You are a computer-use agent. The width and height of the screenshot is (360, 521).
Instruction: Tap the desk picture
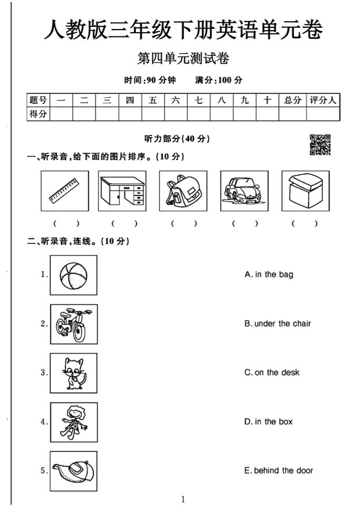click(123, 191)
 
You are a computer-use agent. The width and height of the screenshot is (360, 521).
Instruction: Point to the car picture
click(244, 191)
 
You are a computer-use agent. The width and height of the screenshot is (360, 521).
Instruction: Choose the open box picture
click(305, 191)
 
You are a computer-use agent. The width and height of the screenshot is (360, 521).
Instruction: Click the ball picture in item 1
click(74, 275)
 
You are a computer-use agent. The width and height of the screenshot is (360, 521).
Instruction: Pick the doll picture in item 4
click(74, 421)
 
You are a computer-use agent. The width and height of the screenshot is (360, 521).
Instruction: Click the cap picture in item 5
click(74, 470)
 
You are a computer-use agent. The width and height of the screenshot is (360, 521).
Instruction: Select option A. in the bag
click(269, 274)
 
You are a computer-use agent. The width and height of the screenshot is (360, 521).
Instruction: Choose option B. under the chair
click(277, 323)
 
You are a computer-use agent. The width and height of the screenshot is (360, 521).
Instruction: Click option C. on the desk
click(272, 372)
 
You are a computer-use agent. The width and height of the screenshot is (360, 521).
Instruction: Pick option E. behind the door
click(278, 470)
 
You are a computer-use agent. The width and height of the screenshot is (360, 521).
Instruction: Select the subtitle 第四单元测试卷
click(183, 59)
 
